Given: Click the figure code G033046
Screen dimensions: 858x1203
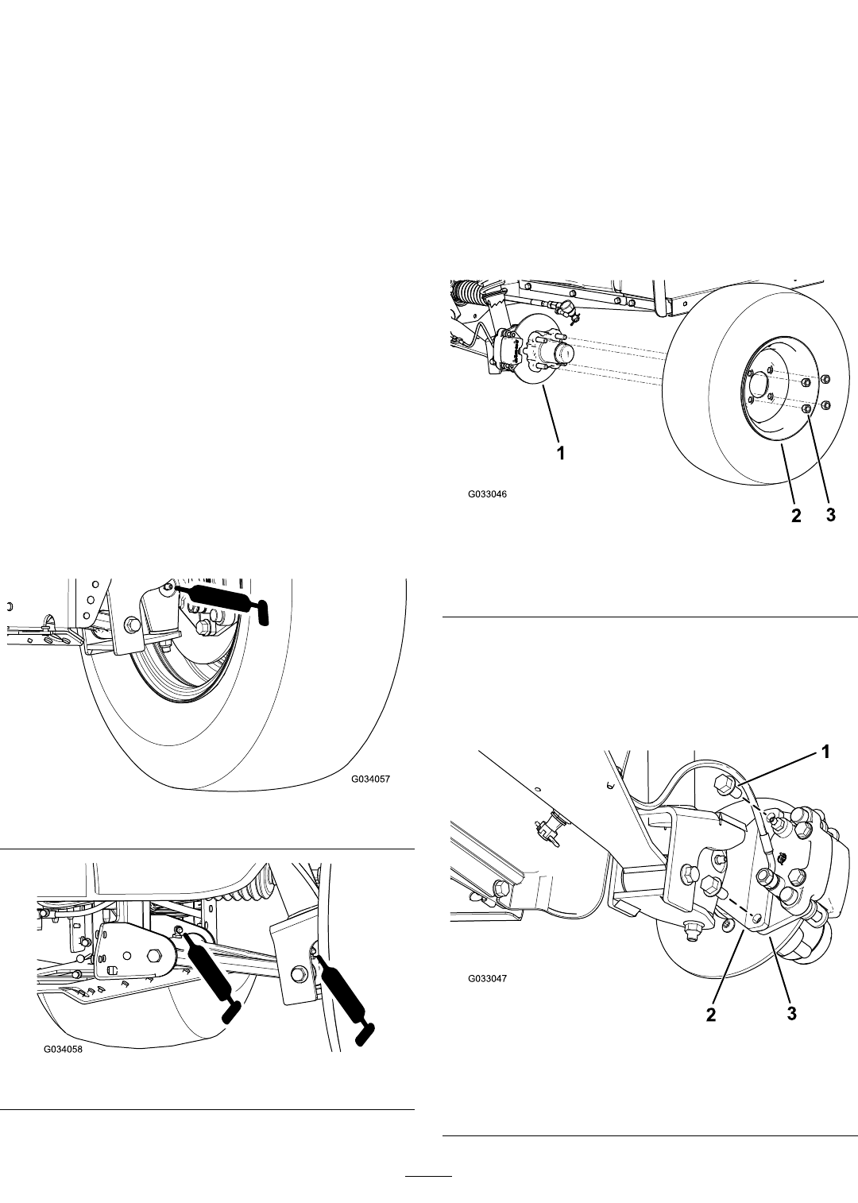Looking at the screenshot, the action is coord(487,494).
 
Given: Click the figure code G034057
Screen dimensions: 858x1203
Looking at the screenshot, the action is coord(370,779).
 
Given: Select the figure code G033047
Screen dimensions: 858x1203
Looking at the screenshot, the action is coord(487,978).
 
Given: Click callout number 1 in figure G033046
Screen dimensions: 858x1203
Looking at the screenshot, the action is coord(561,454).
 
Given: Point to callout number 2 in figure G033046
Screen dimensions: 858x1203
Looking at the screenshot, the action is coord(796,516).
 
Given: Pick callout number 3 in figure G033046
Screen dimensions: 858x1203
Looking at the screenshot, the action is coord(831,516).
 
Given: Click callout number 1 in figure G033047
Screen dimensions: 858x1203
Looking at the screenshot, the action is coord(825,752).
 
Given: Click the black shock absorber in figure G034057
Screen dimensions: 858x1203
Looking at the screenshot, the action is coord(220,599).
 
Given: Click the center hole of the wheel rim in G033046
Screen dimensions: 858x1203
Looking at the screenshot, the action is coord(758,385).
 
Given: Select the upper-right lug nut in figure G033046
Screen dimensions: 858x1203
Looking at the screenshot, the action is coord(825,381).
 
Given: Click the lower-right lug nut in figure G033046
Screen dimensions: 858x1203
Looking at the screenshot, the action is coord(825,404).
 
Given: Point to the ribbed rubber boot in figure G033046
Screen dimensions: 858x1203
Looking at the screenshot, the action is coord(468,294).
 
